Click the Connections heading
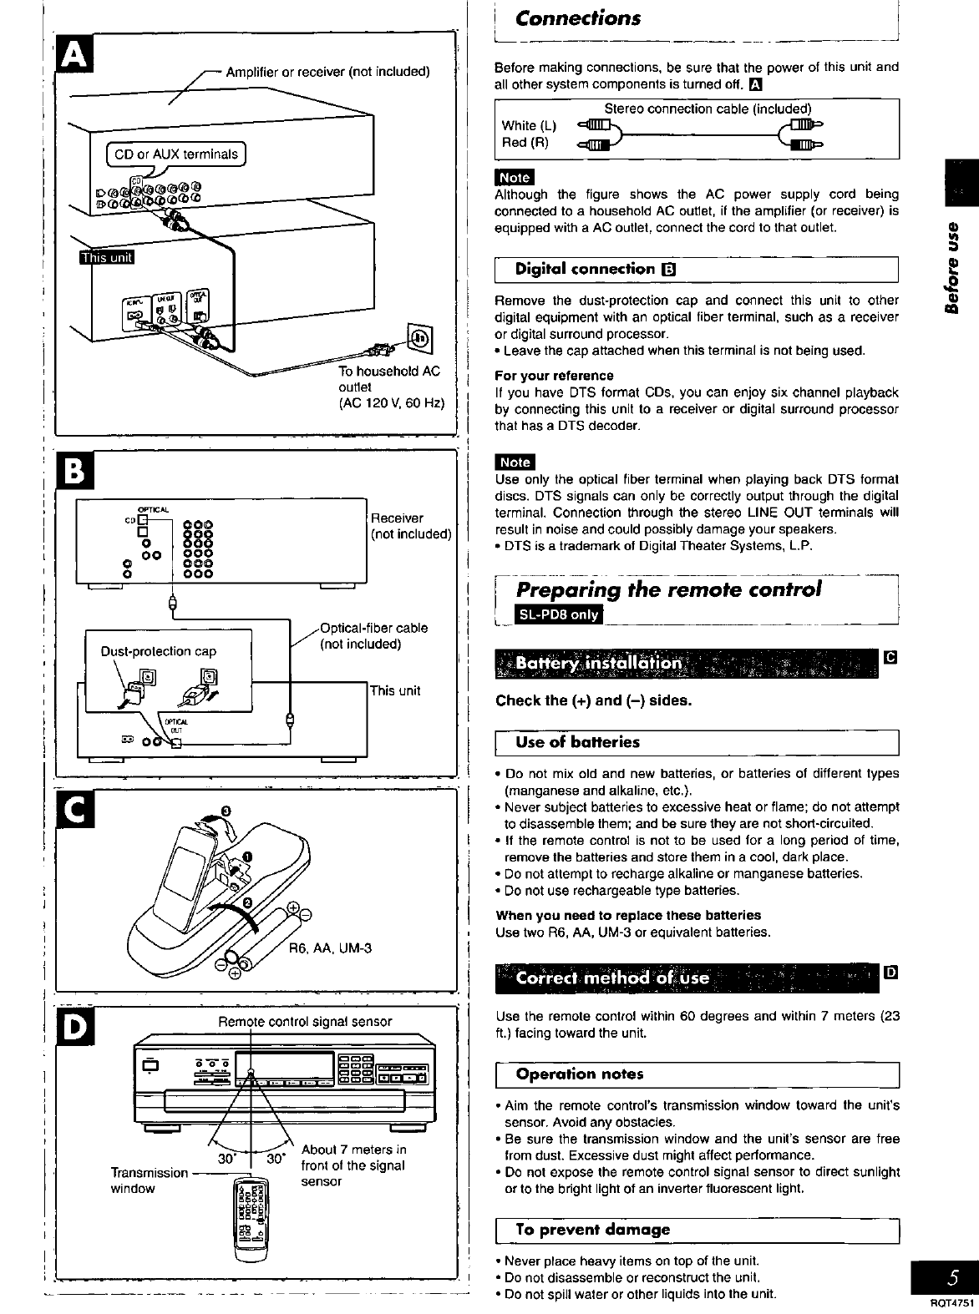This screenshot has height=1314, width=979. coord(578,18)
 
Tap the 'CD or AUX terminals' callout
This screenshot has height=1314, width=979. coord(176,154)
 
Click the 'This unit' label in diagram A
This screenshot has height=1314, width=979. coord(111,255)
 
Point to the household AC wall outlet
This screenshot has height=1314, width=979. coord(419,338)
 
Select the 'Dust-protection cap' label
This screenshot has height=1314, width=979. coord(158,651)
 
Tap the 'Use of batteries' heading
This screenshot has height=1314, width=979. coord(577,742)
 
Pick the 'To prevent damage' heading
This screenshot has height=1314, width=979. coord(592,1230)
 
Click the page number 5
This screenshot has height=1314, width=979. coord(951,1279)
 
